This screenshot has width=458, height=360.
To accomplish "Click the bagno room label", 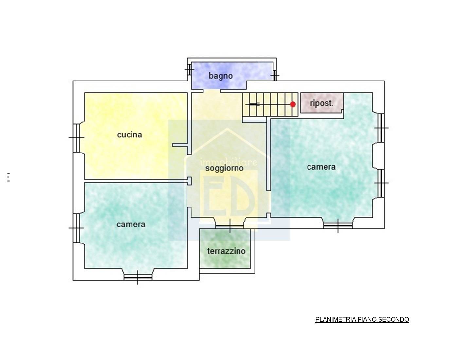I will click(x=221, y=76).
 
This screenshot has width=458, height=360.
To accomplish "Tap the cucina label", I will click(x=130, y=135).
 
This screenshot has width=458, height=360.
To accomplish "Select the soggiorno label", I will click(x=224, y=168).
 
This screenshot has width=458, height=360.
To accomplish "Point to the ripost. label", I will click(x=322, y=103).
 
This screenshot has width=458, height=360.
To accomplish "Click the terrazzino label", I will click(x=226, y=251).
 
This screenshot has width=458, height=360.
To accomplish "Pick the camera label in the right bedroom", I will click(x=321, y=167).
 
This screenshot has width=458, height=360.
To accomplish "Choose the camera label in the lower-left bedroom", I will click(x=131, y=225).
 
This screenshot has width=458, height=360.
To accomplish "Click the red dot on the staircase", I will click(x=293, y=104).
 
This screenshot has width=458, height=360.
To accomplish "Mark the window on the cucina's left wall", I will click(x=76, y=138).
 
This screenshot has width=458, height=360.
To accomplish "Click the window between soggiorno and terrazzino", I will click(x=230, y=226).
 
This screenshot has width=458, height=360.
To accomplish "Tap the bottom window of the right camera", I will click(x=338, y=225).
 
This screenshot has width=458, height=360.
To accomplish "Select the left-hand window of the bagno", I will click(x=189, y=70).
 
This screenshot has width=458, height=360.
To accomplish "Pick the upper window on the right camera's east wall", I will click(x=381, y=128).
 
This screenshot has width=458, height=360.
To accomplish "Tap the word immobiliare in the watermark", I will click(x=228, y=162).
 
